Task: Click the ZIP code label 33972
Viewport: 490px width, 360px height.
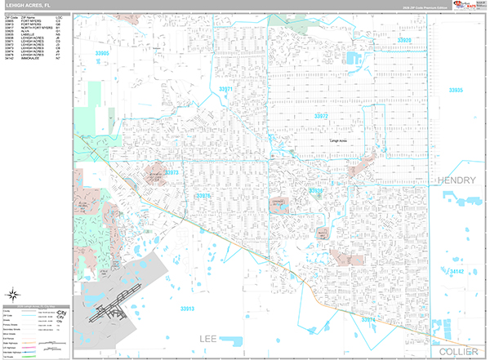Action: coord(321,117)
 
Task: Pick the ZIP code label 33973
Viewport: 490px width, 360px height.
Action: coord(171,173)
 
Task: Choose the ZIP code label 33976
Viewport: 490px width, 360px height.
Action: coord(203,195)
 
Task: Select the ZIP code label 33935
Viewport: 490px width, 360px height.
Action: coord(456,90)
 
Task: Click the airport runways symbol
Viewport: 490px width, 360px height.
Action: coord(110,311)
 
